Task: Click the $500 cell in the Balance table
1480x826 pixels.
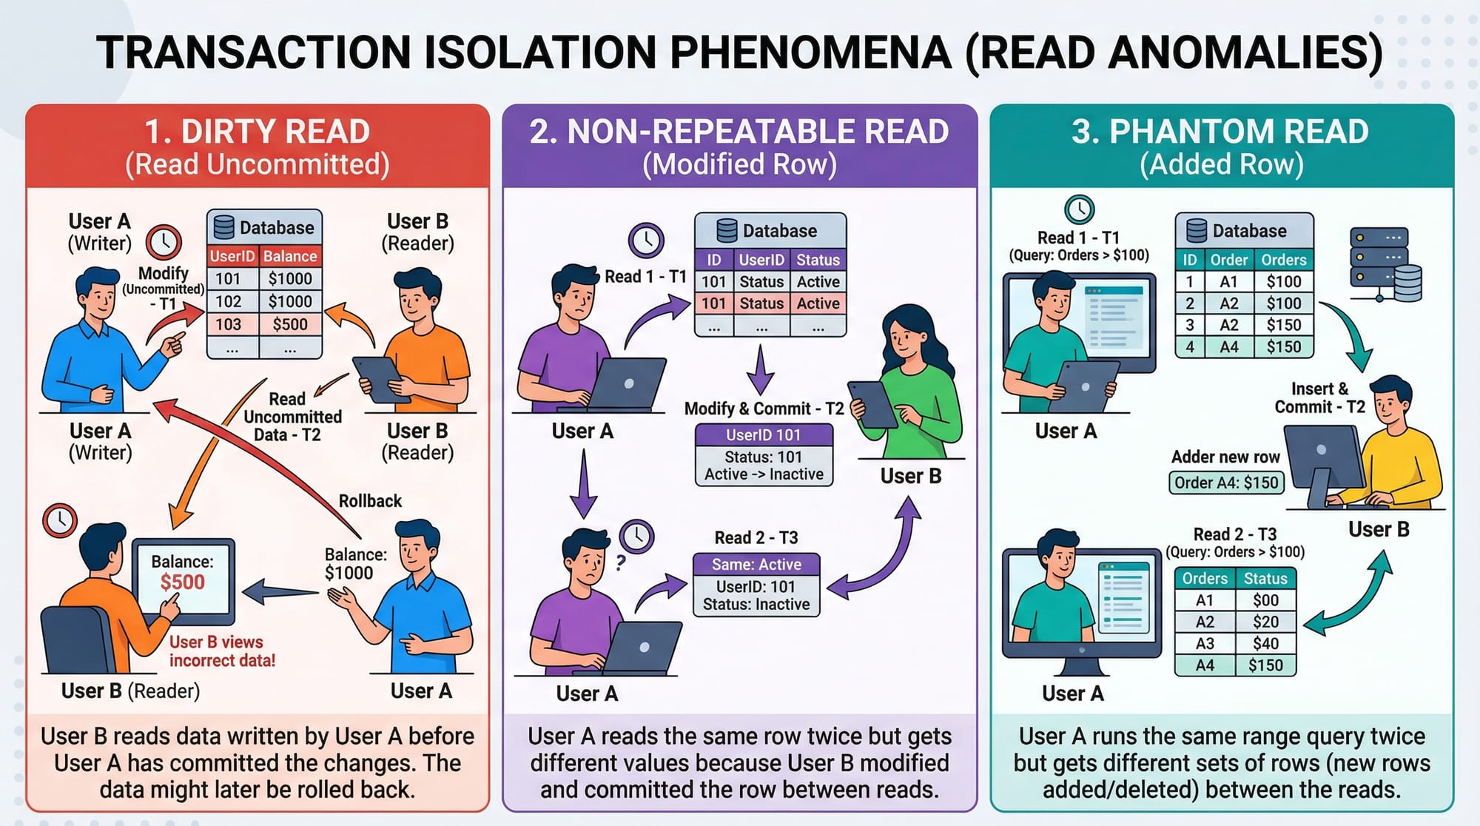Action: tap(290, 324)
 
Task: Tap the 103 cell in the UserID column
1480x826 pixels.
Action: tap(229, 324)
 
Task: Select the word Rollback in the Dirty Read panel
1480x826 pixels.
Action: tap(370, 501)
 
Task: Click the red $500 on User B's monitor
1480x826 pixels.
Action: tap(182, 582)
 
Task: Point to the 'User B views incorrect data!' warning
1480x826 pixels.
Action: tap(222, 651)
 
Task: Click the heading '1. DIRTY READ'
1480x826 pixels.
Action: tap(257, 132)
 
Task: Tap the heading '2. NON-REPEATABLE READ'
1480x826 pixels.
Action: tap(739, 132)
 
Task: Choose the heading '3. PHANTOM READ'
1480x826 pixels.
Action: tap(1220, 132)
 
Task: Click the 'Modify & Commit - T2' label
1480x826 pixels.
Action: tap(764, 409)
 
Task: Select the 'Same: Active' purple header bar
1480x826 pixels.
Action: tap(756, 565)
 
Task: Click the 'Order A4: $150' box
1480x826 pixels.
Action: tap(1225, 483)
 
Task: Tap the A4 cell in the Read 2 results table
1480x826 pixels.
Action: tap(1205, 665)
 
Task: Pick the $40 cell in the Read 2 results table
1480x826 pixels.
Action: tap(1265, 643)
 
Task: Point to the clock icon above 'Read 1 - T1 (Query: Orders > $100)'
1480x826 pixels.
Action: tap(1080, 209)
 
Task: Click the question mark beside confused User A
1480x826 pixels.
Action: tap(621, 563)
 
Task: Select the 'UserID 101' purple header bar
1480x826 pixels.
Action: tap(764, 435)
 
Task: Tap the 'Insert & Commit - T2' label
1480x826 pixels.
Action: tap(1319, 398)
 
